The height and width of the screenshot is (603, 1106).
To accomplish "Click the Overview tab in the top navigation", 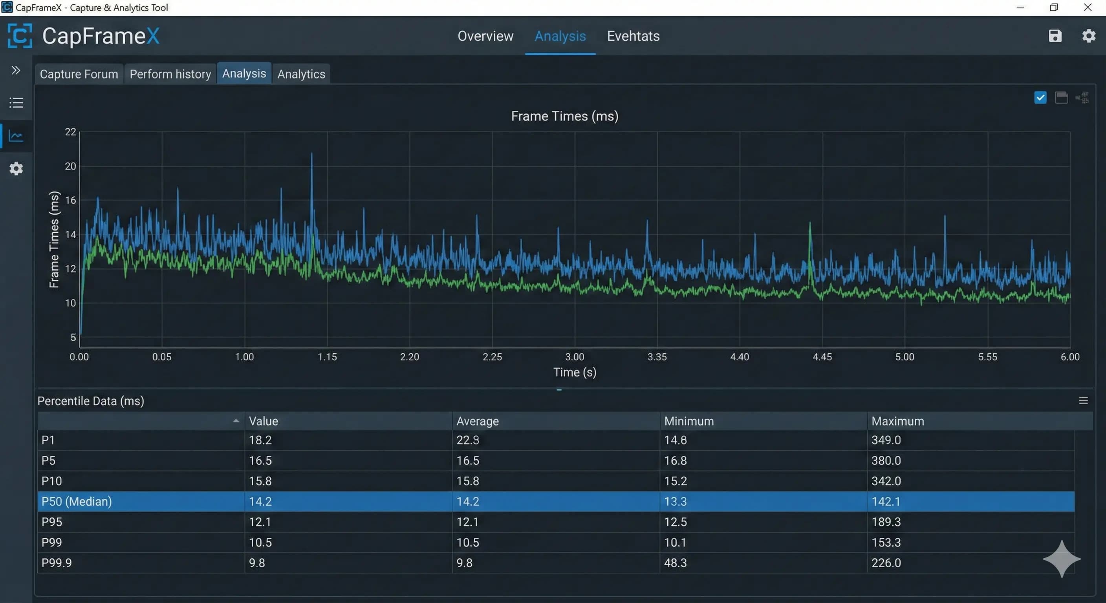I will point(485,36).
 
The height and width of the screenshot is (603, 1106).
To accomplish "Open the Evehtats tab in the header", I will point(633,36).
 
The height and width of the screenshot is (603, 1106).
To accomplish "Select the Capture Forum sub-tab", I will point(79,74).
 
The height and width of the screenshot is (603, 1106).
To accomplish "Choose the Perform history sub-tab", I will point(170,74).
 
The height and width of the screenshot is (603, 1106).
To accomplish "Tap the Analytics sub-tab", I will point(301,74).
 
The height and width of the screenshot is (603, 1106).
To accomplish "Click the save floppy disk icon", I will point(1055,36).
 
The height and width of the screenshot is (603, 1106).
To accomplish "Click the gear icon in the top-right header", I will point(1088,36).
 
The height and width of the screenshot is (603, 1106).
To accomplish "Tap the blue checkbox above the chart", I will point(1040,97).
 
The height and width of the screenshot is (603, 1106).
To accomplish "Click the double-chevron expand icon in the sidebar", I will point(16,70).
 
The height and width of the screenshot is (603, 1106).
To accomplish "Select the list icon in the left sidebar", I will point(16,102).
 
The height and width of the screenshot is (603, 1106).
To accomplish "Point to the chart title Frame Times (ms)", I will point(565,116).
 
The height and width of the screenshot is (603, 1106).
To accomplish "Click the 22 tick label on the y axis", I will point(70,132).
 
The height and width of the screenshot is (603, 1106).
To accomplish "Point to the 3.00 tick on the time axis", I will point(575,356).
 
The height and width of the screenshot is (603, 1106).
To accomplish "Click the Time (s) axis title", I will point(575,372).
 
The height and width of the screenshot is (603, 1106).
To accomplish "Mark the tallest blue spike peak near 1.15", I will point(312,153).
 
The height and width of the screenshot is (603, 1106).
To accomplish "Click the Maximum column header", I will point(897,421).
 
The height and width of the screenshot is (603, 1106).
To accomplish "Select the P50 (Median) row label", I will point(77,501).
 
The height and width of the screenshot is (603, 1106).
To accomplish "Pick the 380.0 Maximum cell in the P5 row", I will point(886,460).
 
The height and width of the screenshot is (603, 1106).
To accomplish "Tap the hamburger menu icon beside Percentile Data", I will point(1083,400).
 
